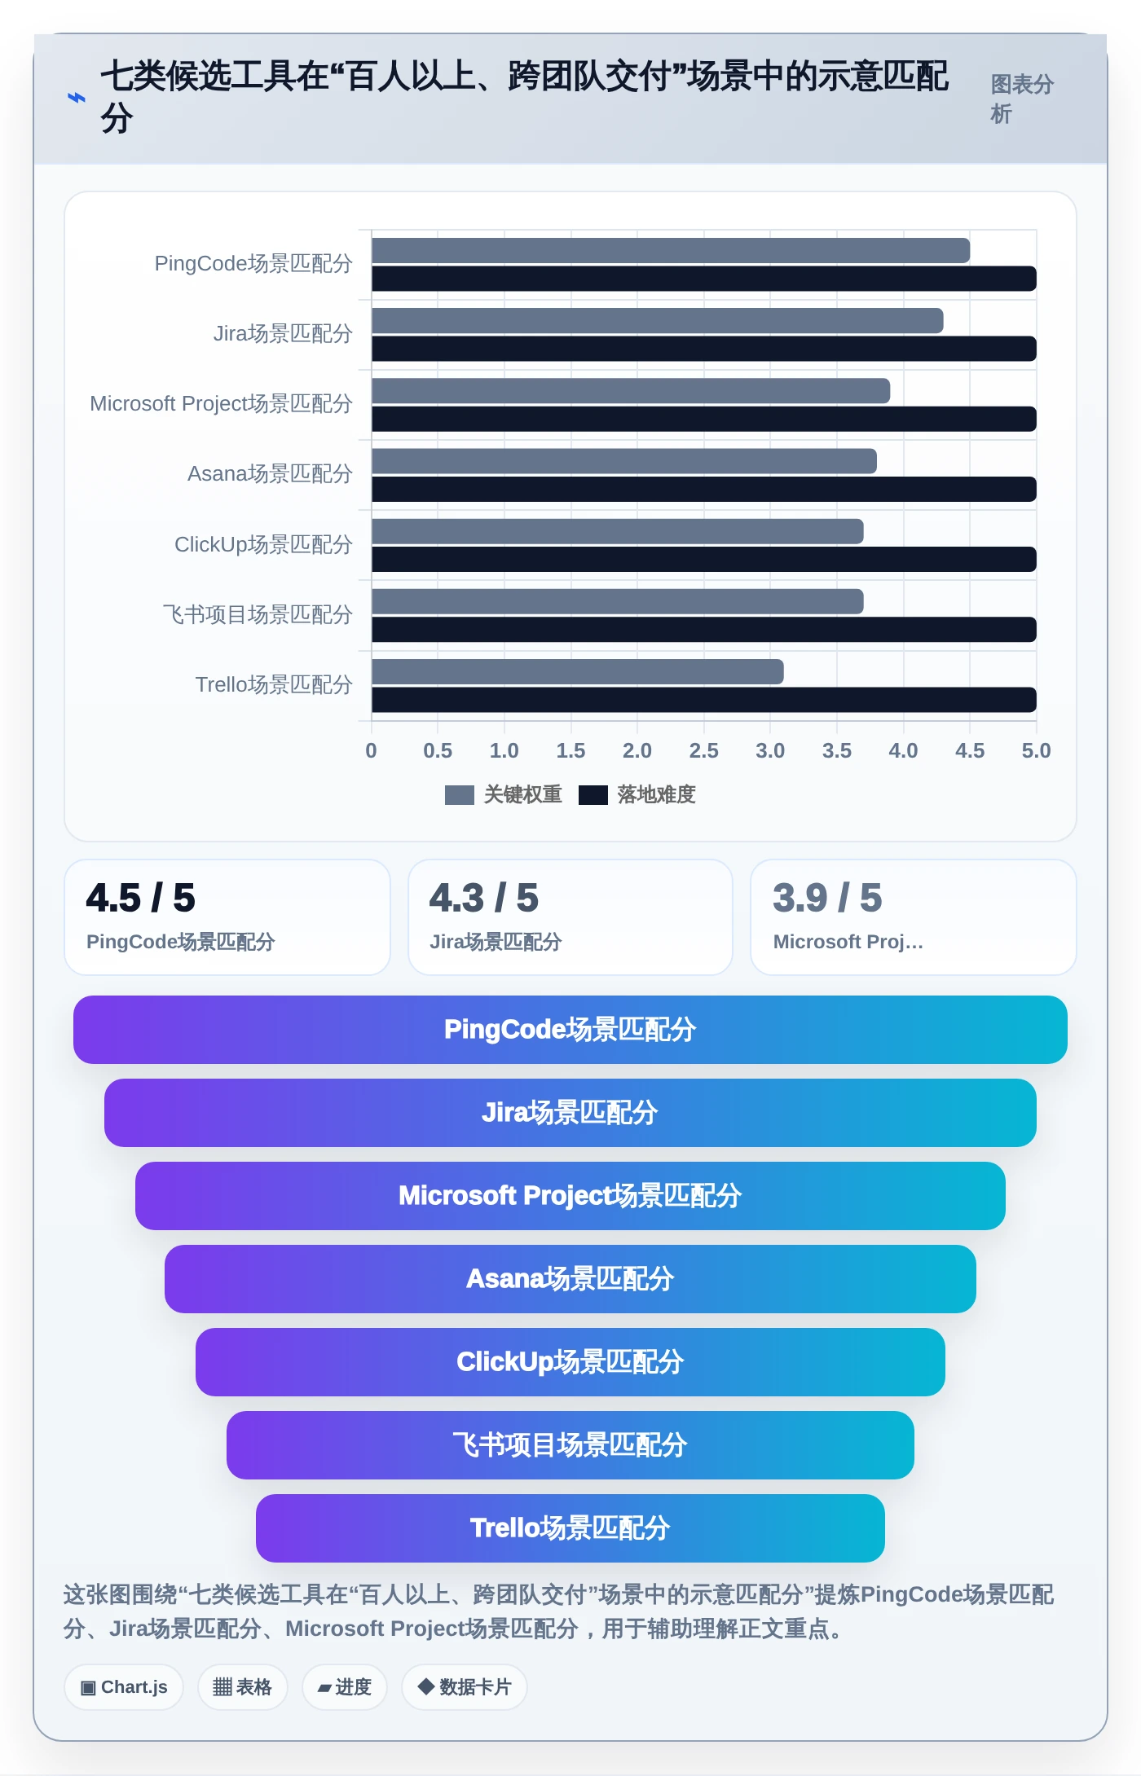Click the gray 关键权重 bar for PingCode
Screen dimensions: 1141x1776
[x=671, y=250]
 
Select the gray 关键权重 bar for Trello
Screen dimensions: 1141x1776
[x=578, y=671]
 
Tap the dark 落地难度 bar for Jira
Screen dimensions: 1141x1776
[x=704, y=349]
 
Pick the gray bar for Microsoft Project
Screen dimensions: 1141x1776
[x=631, y=391]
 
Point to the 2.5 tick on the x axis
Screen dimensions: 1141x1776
[x=703, y=750]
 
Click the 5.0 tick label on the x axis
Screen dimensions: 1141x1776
[x=1036, y=750]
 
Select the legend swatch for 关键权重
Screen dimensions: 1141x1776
[x=459, y=795]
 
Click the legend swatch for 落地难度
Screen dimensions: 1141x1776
[x=593, y=795]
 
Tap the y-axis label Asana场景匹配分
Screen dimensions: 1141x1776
[x=270, y=473]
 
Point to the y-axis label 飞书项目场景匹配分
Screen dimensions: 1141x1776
[x=258, y=614]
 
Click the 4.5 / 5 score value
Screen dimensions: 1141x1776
[x=141, y=898]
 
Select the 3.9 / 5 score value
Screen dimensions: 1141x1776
[x=827, y=898]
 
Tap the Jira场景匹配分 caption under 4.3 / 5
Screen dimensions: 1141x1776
[x=496, y=942]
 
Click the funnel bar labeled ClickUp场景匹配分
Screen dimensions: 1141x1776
[x=570, y=1362]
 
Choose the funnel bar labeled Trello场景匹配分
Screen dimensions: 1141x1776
[x=570, y=1528]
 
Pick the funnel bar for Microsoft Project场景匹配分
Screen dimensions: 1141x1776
[x=570, y=1196]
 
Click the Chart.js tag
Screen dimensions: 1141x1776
[x=124, y=1687]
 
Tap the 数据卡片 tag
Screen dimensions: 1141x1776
[x=464, y=1687]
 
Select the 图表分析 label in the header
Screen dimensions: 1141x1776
[x=1022, y=99]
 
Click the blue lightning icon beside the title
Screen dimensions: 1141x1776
[x=76, y=98]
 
